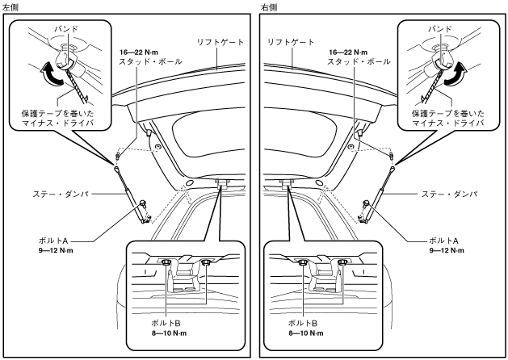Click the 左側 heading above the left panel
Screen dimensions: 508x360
pyautogui.click(x=10, y=7)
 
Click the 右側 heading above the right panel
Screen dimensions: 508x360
pyautogui.click(x=269, y=7)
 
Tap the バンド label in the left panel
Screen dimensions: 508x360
pyautogui.click(x=66, y=29)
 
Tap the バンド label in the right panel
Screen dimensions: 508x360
pyautogui.click(x=440, y=29)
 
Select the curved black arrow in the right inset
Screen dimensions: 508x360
pyautogui.click(x=455, y=74)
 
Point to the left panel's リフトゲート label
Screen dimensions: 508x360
pyautogui.click(x=220, y=43)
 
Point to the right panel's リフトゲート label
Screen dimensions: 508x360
pyautogui.click(x=290, y=43)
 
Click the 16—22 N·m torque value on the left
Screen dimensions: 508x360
pyautogui.click(x=139, y=52)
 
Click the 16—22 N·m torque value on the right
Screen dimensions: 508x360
pyautogui.click(x=348, y=52)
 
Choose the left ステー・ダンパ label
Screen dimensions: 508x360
pyautogui.click(x=61, y=195)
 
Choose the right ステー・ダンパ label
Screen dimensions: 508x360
pyautogui.click(x=449, y=195)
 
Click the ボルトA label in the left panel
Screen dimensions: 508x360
pyautogui.click(x=53, y=241)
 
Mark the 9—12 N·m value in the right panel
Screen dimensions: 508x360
pyautogui.click(x=447, y=250)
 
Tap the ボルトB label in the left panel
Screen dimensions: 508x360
pyautogui.click(x=166, y=323)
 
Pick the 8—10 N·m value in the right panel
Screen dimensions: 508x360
pyautogui.click(x=306, y=333)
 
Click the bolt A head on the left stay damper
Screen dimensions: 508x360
pyautogui.click(x=141, y=203)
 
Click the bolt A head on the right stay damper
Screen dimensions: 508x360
pyautogui.click(x=366, y=203)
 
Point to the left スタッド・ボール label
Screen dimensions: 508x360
pyautogui.click(x=150, y=61)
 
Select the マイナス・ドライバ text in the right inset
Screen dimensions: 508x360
pyautogui.click(x=448, y=123)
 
